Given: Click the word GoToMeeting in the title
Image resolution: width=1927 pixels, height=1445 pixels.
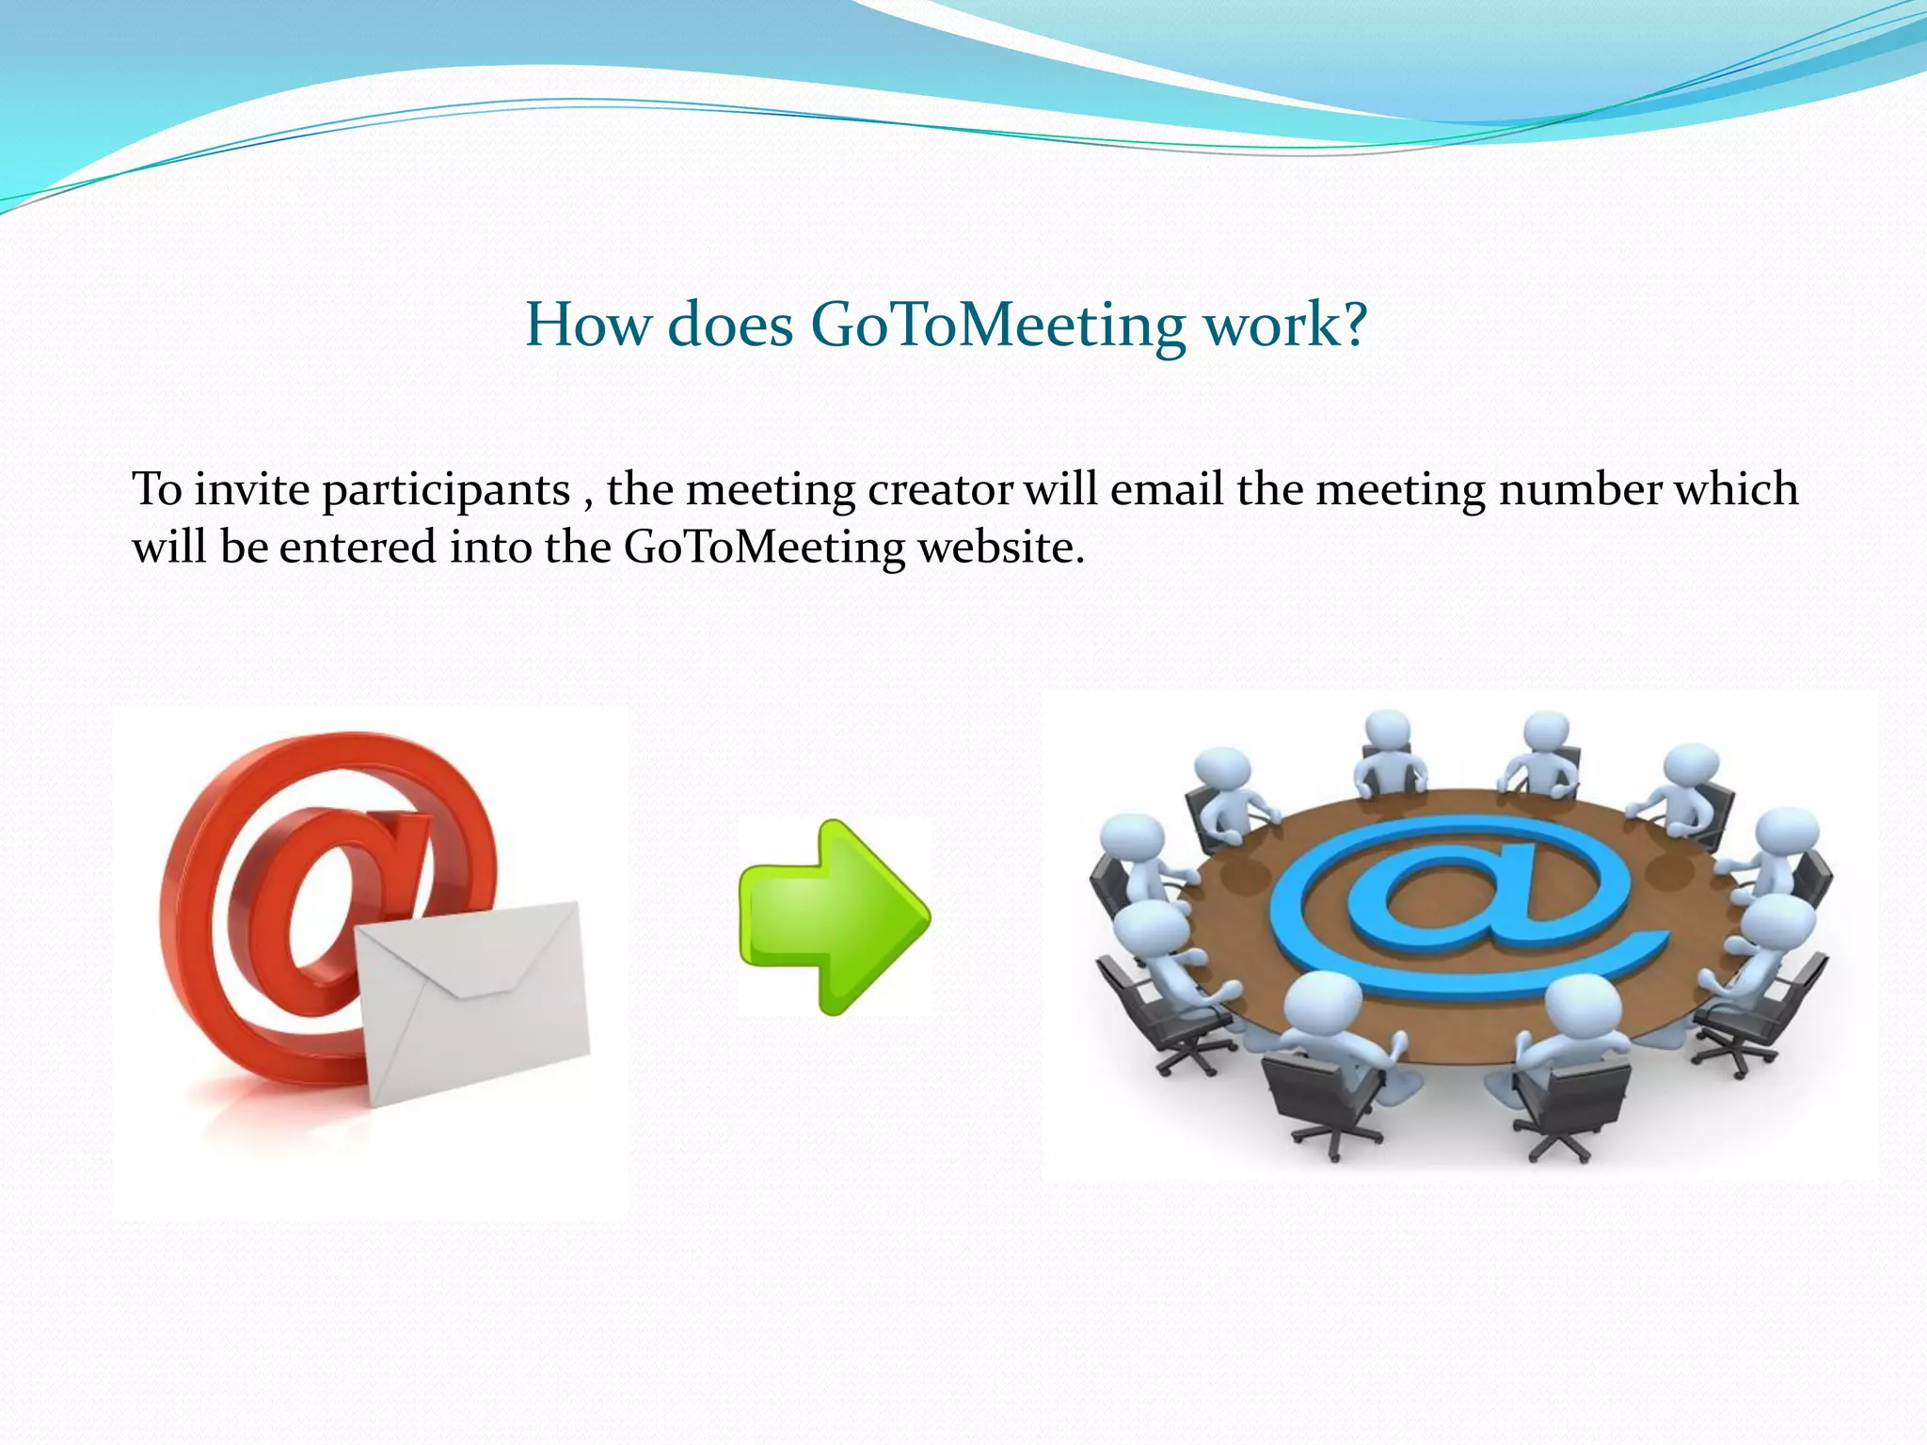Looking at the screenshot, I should (x=997, y=325).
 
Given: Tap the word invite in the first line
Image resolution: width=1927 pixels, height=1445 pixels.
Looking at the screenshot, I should (x=251, y=489).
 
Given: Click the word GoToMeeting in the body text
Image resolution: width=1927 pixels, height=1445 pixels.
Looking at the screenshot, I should (x=764, y=548).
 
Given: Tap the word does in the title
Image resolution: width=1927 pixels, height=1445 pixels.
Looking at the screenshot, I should (x=729, y=325).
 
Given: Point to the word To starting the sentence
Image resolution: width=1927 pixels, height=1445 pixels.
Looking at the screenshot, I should (x=156, y=489).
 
